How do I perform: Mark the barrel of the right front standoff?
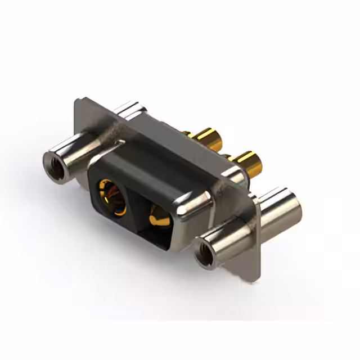225,242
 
